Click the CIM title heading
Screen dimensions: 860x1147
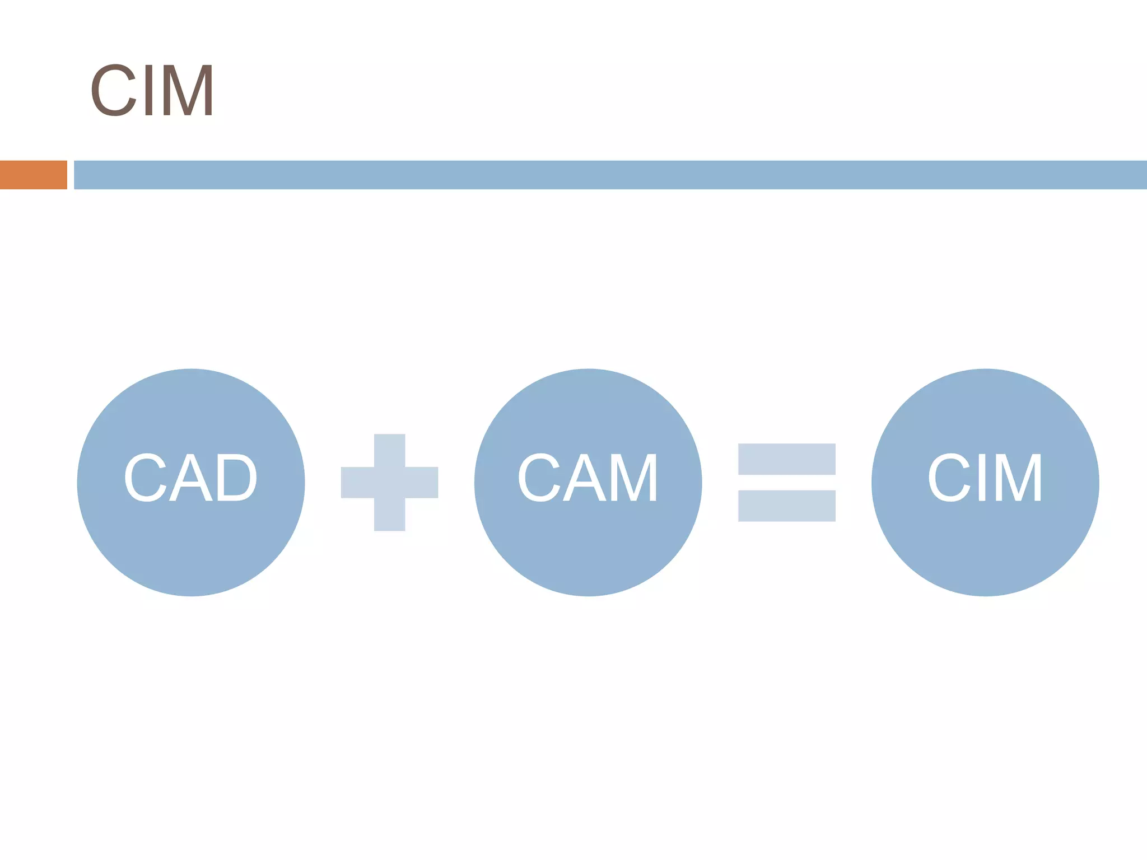(151, 90)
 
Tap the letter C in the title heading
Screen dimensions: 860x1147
(113, 90)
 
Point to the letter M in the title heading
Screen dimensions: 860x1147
(189, 90)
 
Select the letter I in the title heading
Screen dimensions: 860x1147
(149, 90)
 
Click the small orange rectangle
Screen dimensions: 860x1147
(34, 175)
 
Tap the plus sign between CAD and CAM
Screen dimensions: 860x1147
(389, 482)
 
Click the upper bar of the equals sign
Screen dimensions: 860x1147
(786, 459)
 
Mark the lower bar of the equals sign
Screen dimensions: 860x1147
(786, 506)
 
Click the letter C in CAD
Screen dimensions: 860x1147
(146, 478)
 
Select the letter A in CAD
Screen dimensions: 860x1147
(190, 478)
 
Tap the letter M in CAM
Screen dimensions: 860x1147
(633, 478)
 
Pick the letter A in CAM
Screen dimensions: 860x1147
(584, 478)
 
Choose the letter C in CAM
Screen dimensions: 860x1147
(539, 478)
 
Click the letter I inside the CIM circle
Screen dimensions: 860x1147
(981, 478)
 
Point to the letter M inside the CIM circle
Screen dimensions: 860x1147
(1018, 478)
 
